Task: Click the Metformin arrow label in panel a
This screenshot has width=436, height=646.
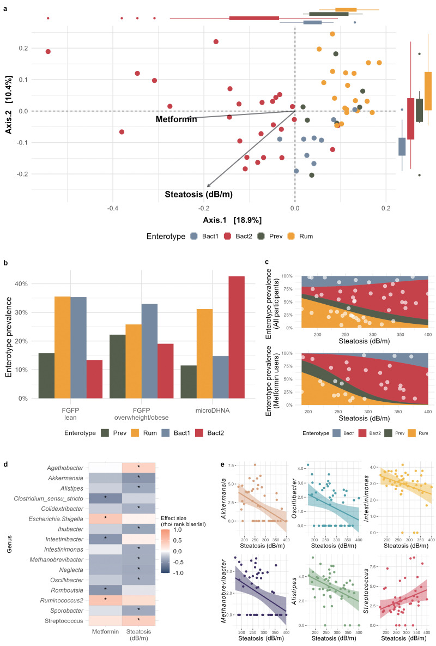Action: tap(175, 119)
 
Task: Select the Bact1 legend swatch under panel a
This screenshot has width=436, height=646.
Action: tap(194, 237)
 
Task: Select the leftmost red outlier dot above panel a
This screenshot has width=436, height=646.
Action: tap(48, 18)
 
